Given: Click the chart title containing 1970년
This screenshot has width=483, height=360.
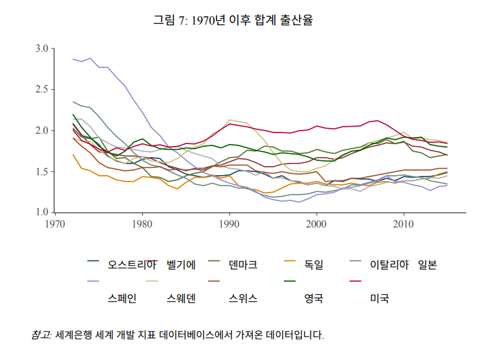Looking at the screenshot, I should click(x=233, y=20).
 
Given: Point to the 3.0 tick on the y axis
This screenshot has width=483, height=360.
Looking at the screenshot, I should click(x=42, y=48).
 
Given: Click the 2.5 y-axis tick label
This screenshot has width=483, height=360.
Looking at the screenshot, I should click(x=42, y=89).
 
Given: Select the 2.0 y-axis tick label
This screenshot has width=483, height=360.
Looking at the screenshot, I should click(x=42, y=131).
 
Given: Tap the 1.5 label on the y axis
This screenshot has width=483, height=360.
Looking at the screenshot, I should click(x=42, y=171).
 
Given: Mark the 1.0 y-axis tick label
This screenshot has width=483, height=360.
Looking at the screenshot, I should click(x=42, y=213).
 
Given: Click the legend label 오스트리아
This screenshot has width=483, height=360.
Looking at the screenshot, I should click(x=133, y=264).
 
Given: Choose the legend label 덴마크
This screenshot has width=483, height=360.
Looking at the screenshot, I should click(x=243, y=264).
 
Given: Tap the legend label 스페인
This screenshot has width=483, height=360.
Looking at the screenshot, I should click(x=122, y=298).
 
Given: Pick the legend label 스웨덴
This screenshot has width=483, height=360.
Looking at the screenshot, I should click(x=182, y=298).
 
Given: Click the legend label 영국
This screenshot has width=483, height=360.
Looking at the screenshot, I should click(x=314, y=298).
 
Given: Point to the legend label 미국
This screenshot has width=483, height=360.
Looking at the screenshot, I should click(x=379, y=298).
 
